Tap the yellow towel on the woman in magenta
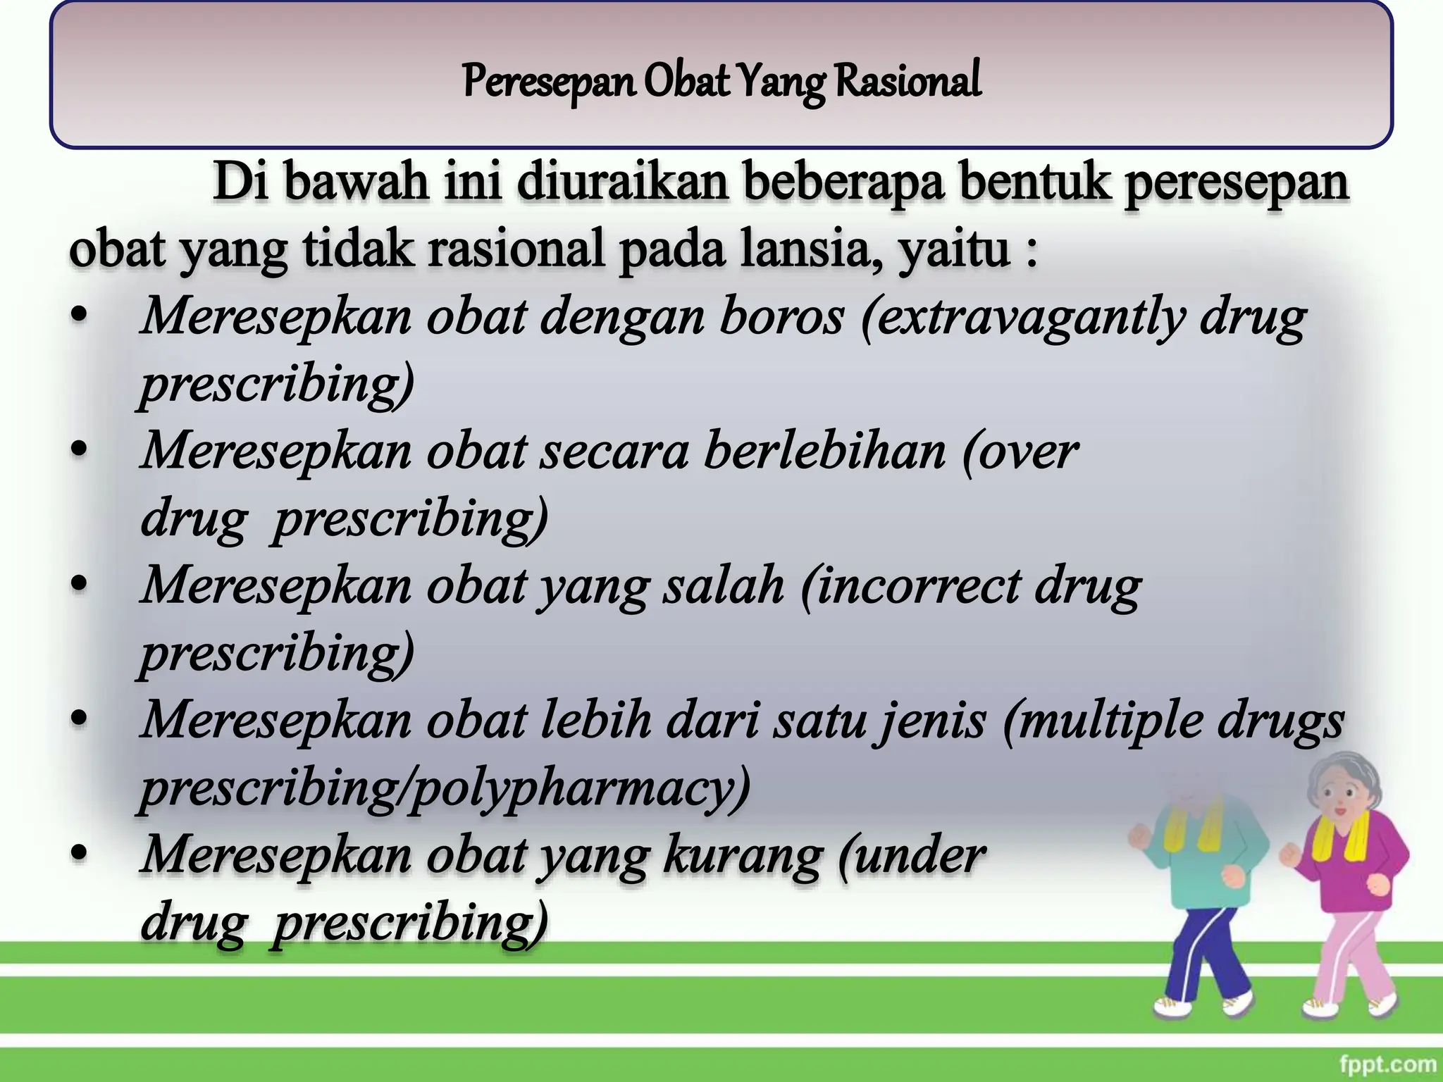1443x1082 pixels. click(1339, 838)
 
